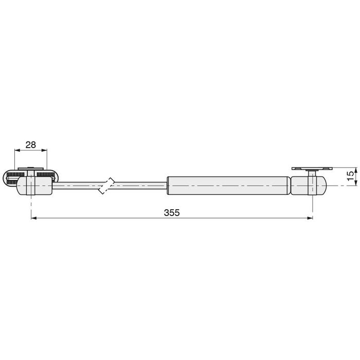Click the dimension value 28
point(30,145)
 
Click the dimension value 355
point(172,212)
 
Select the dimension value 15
point(350,175)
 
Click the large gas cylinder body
point(227,185)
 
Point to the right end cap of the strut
point(309,186)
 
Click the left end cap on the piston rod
point(34,186)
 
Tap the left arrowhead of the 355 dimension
point(33,218)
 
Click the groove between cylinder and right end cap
point(290,186)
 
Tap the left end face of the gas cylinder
point(168,186)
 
